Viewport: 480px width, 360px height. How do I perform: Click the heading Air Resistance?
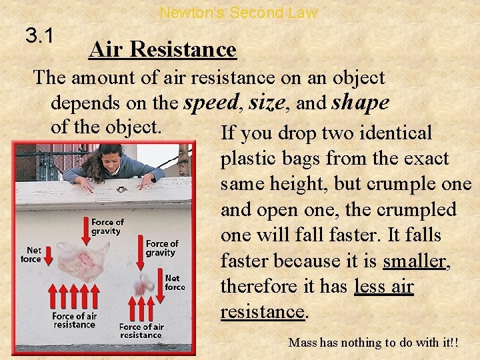click(x=163, y=49)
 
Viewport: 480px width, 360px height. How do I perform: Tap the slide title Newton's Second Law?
click(x=239, y=12)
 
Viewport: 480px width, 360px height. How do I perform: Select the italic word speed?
click(x=211, y=102)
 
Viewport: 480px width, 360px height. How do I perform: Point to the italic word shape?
click(x=360, y=102)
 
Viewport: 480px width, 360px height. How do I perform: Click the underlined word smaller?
click(x=415, y=261)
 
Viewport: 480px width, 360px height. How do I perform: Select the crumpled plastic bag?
click(x=142, y=287)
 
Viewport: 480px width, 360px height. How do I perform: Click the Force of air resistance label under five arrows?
click(x=75, y=320)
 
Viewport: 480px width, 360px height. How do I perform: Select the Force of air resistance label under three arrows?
click(x=141, y=331)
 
